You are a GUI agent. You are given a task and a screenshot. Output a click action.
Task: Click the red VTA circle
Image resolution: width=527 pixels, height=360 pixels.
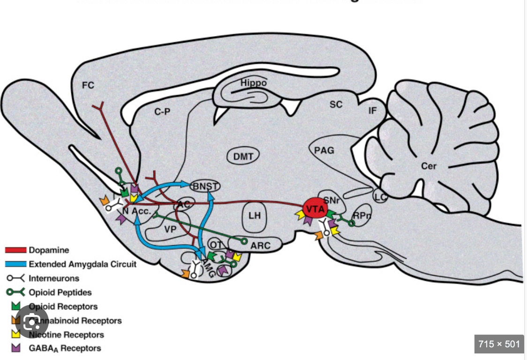[x=315, y=208]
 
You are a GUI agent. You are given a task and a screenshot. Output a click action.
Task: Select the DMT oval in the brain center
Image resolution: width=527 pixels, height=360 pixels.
[x=243, y=156]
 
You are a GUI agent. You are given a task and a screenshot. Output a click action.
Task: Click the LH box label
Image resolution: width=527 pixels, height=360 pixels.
[x=254, y=216]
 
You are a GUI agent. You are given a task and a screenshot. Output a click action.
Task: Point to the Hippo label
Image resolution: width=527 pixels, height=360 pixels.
[x=254, y=83]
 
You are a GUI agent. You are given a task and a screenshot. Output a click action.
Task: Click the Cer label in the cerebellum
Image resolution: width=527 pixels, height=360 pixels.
[x=429, y=166]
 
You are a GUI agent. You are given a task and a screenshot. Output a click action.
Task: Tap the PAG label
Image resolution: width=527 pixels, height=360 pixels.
[x=324, y=150]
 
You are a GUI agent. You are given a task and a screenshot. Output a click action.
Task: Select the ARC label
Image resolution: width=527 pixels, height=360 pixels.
[x=260, y=245]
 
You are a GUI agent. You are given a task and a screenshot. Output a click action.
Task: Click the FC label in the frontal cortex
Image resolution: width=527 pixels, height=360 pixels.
[x=88, y=85]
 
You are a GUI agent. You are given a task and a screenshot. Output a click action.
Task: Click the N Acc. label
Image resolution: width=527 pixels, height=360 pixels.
[x=136, y=211]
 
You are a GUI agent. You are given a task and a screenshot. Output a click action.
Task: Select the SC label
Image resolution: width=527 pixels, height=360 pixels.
[x=336, y=105]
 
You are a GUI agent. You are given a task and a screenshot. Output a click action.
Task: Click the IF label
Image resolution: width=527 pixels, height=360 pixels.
[x=373, y=111]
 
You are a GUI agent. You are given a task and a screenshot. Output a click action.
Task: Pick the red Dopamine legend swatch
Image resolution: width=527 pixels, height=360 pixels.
[x=15, y=250]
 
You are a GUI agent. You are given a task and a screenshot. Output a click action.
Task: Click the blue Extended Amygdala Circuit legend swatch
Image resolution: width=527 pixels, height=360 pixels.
[x=15, y=264]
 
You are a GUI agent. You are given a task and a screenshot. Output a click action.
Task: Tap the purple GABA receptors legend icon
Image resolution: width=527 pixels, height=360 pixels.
[x=16, y=348]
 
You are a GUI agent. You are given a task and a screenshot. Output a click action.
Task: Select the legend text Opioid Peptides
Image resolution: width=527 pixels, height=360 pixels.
[x=60, y=292]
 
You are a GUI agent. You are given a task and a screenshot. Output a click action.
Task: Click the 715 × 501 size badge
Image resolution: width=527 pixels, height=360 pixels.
[x=499, y=344]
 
